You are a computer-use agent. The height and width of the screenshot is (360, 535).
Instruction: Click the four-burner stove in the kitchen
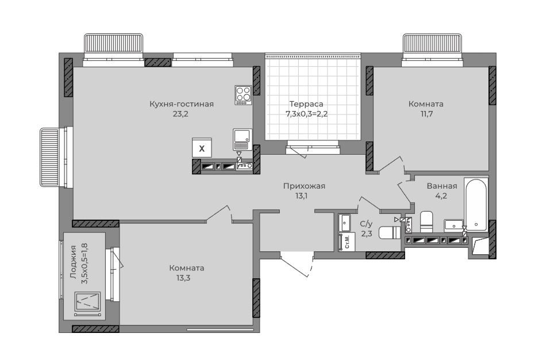click(x=243, y=95)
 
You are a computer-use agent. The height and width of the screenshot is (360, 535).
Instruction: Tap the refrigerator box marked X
click(x=202, y=148)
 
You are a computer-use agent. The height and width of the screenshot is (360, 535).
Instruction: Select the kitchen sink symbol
click(x=243, y=139)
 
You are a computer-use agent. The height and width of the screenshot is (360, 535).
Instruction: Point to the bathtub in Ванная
click(x=476, y=204)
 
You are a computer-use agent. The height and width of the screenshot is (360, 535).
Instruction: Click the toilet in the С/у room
click(x=389, y=232)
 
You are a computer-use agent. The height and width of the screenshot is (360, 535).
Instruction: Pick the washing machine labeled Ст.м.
click(x=347, y=242)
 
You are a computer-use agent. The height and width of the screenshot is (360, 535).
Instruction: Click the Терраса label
click(x=306, y=104)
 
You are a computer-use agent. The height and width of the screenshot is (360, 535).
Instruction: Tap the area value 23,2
click(x=180, y=114)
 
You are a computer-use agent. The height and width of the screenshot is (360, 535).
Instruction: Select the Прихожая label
click(x=304, y=186)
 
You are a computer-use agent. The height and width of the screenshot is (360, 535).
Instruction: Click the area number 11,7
click(x=426, y=114)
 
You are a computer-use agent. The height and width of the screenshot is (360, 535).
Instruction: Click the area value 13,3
click(x=183, y=278)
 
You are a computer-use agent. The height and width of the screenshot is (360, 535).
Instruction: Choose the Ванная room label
click(x=442, y=186)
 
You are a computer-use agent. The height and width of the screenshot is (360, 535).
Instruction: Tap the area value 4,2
click(x=441, y=196)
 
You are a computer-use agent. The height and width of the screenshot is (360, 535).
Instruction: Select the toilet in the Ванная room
click(x=426, y=221)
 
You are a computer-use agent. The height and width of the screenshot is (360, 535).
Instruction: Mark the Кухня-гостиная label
click(x=182, y=104)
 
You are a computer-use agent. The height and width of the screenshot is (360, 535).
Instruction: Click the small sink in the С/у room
click(x=345, y=223)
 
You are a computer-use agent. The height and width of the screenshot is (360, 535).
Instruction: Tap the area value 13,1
click(x=302, y=196)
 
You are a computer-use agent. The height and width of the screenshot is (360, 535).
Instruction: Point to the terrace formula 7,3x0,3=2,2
click(x=306, y=114)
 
